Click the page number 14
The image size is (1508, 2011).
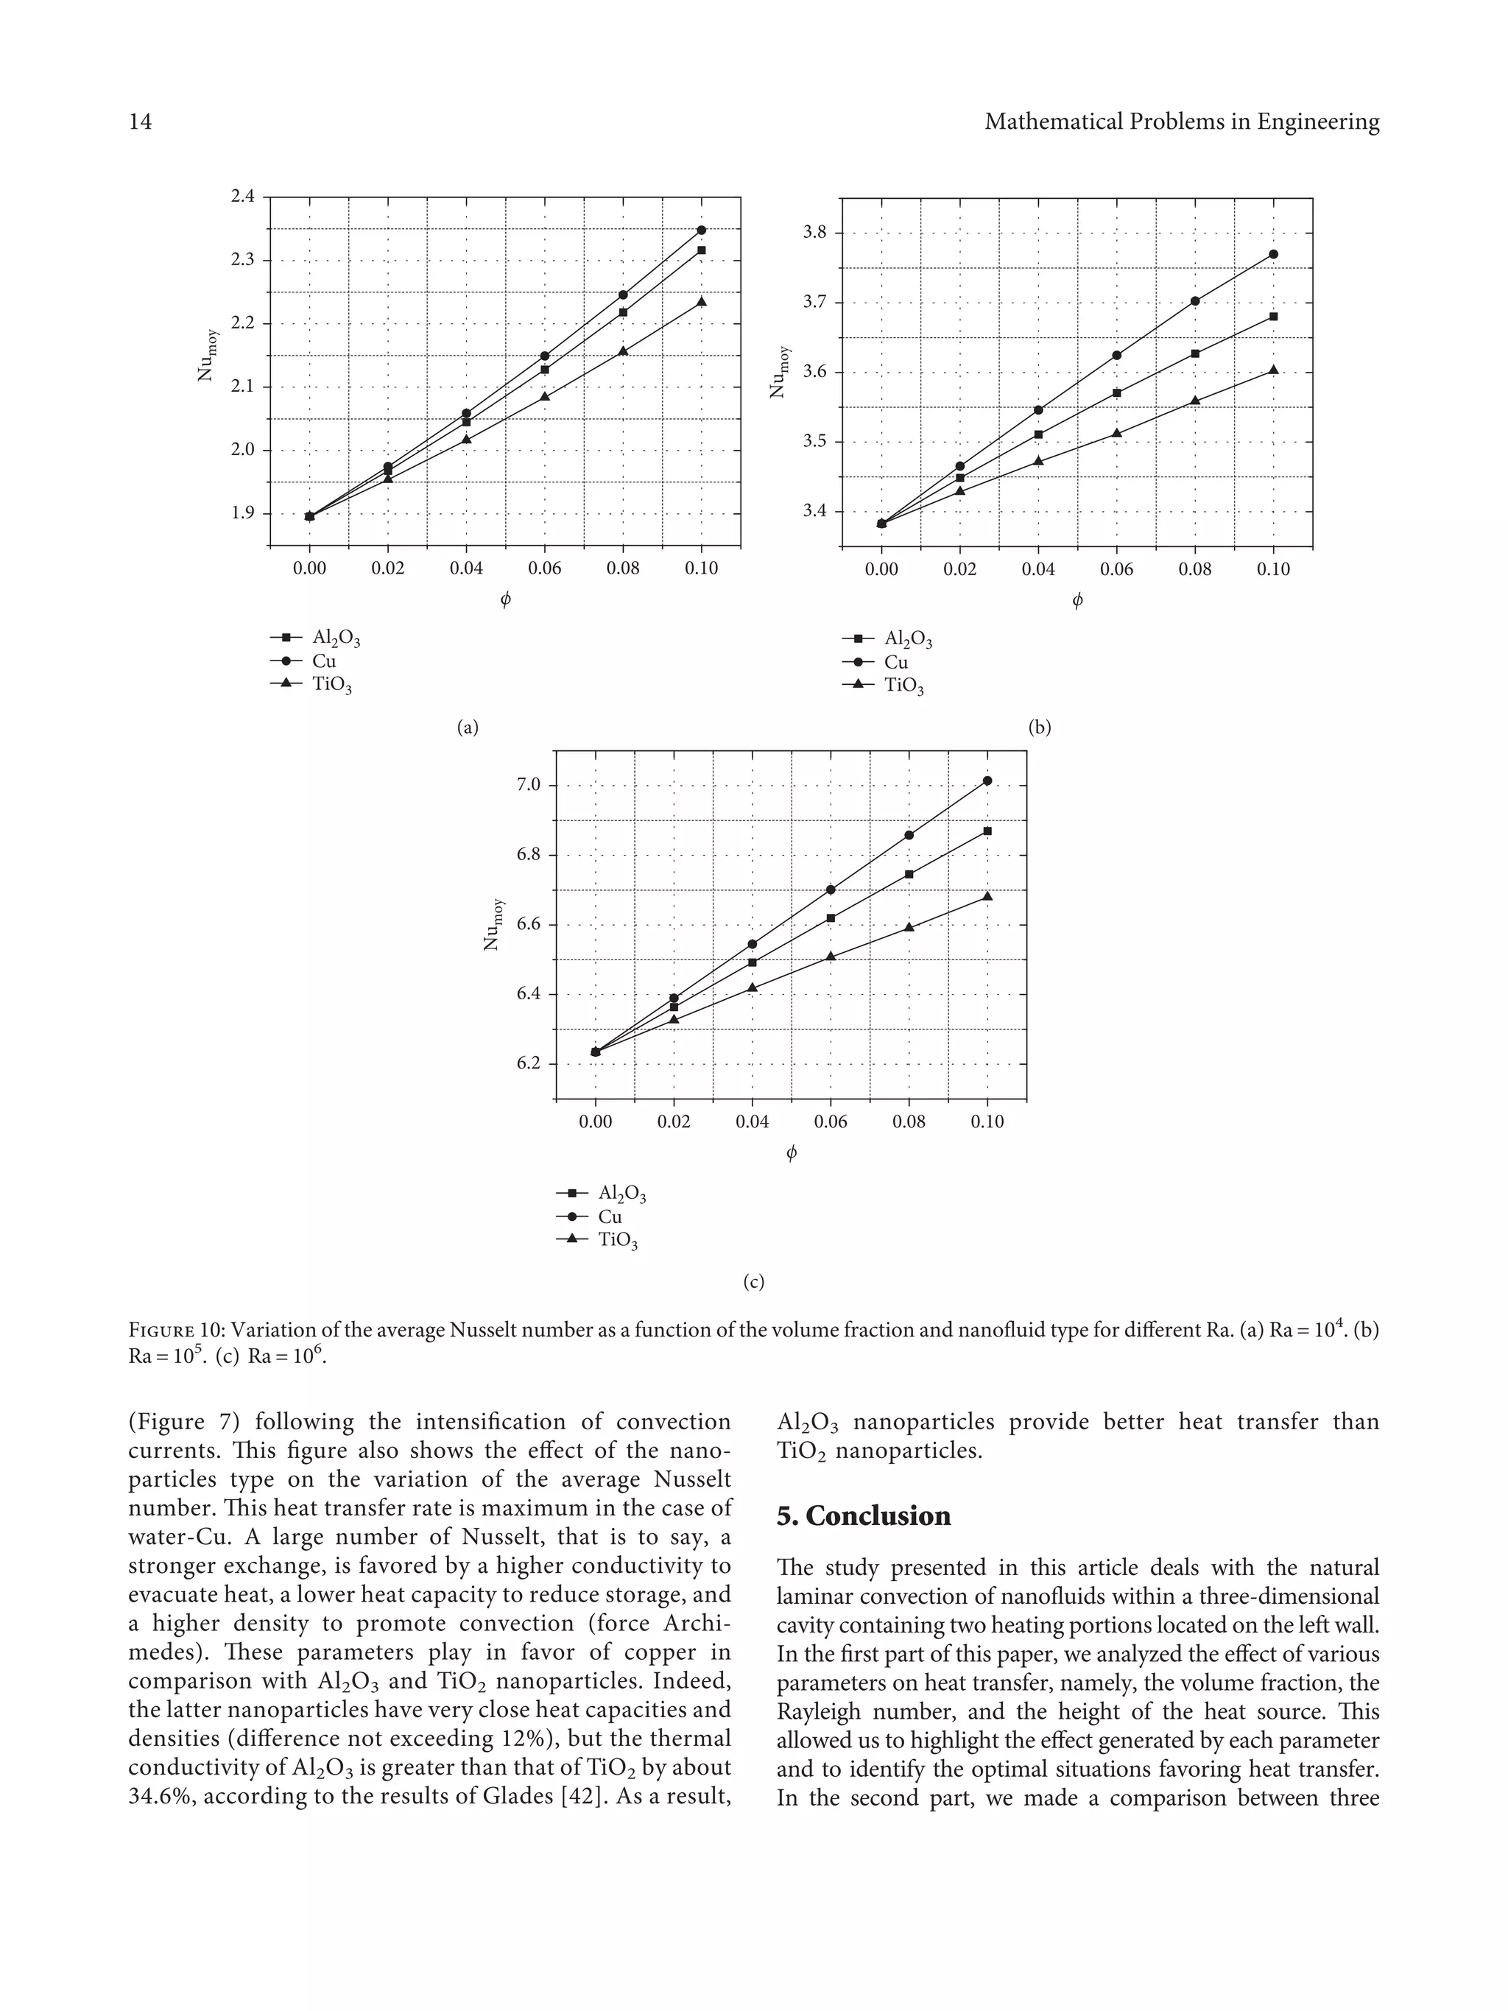point(141,121)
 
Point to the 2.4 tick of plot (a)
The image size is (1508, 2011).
point(243,197)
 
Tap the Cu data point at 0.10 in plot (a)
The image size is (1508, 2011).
point(701,230)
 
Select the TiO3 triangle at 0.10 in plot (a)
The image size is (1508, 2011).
point(701,301)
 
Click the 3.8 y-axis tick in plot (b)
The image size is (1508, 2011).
point(815,233)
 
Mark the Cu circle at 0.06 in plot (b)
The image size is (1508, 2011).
point(1116,356)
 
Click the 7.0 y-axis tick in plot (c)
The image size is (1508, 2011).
point(529,784)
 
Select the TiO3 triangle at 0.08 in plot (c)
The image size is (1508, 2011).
point(909,927)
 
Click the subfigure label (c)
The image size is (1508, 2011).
point(753,1282)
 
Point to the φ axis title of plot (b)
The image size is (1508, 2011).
point(1077,600)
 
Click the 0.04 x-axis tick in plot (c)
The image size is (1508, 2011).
point(752,1122)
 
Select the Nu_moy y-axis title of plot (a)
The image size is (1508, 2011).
point(208,355)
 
